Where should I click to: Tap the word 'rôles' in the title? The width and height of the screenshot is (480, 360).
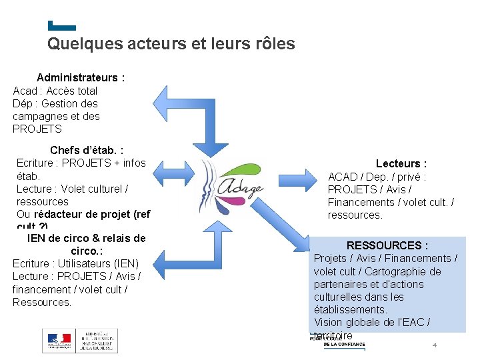(x=273, y=44)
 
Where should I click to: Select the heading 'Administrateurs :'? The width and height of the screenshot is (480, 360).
(x=81, y=77)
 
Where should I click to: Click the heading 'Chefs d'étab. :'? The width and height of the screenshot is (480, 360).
(x=87, y=150)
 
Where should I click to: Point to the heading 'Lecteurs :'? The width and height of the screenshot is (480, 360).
(x=401, y=163)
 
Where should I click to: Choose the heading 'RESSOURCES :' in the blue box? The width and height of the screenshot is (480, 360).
(x=387, y=245)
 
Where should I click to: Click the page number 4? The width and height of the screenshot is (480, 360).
(x=435, y=345)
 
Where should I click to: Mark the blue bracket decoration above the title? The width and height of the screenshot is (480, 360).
(x=62, y=27)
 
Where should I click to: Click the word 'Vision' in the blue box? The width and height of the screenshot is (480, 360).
(x=329, y=323)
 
